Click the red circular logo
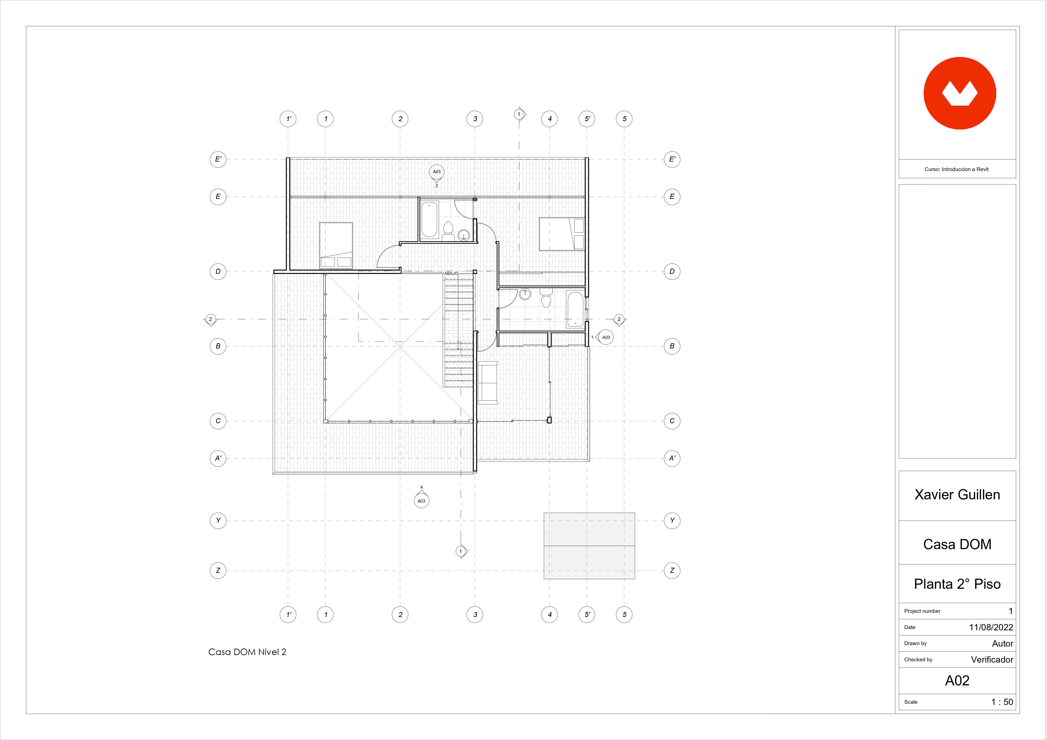960,93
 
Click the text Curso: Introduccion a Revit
957,169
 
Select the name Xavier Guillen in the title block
957,495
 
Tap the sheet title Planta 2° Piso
957,584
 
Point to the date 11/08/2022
991,627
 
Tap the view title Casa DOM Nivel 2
247,652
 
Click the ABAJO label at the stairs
451,274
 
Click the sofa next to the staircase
488,382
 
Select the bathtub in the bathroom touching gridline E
429,220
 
